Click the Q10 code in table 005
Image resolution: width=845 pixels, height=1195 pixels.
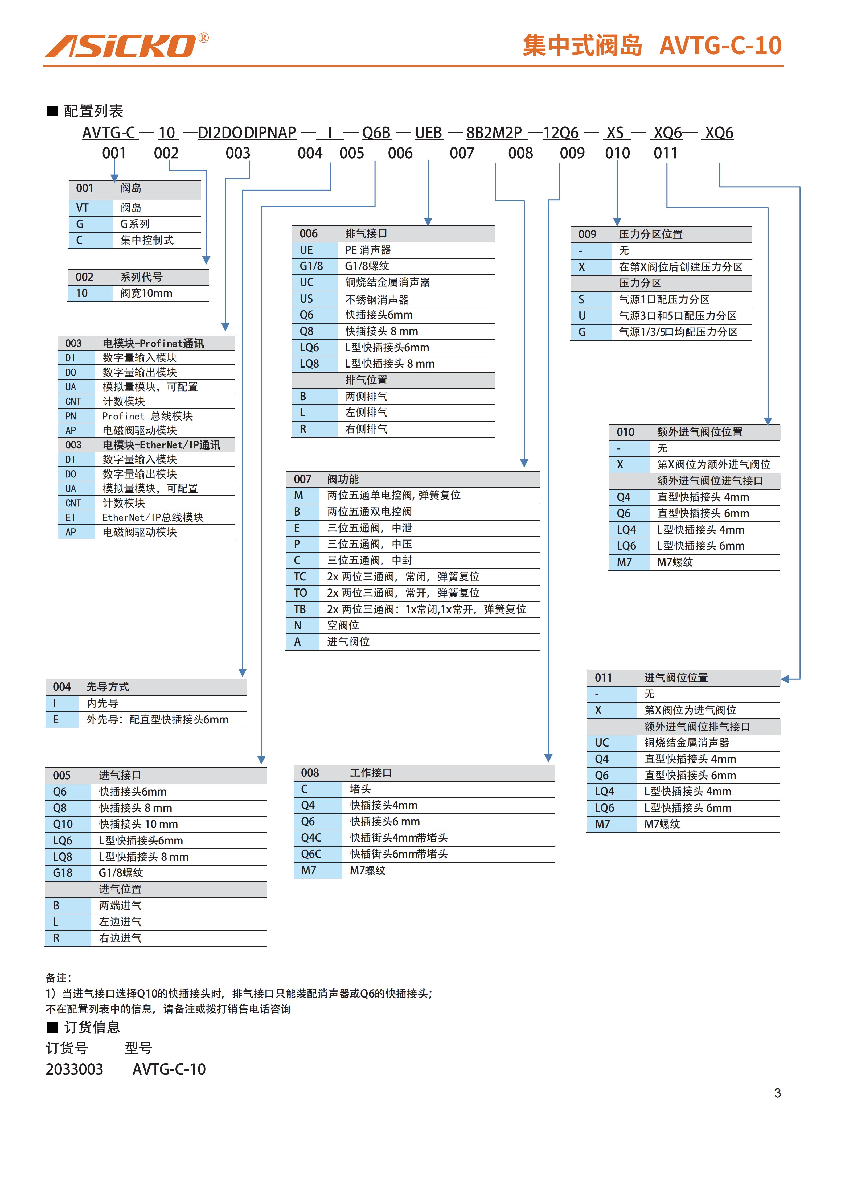click(x=63, y=824)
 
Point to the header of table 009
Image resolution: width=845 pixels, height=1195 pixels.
click(x=661, y=234)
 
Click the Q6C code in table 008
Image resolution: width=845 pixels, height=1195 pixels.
click(x=311, y=854)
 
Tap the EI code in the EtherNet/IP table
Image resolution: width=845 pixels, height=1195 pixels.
click(x=70, y=517)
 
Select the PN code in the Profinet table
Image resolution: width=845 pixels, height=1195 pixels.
click(x=71, y=416)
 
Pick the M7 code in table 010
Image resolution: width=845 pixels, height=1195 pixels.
click(x=624, y=562)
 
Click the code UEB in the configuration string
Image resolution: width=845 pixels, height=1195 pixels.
click(x=428, y=133)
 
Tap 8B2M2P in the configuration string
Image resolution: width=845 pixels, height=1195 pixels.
click(x=494, y=133)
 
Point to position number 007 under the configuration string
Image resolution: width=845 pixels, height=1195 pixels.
click(x=462, y=153)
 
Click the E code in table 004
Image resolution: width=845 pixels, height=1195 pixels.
click(x=56, y=719)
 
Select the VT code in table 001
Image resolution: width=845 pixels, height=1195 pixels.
click(x=82, y=208)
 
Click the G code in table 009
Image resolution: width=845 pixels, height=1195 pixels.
click(x=582, y=332)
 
